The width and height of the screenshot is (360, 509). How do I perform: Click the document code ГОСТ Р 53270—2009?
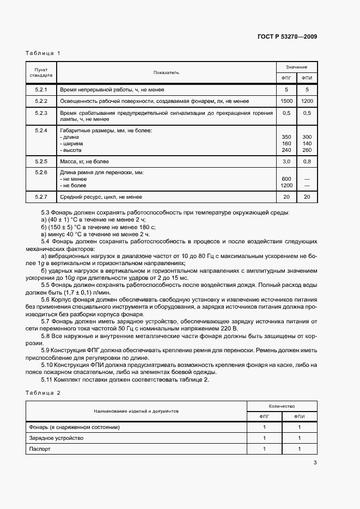[287, 37]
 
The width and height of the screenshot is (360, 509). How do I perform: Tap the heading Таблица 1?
[43, 53]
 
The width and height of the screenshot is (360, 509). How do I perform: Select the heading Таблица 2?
[43, 392]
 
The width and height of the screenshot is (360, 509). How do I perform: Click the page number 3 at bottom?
[315, 463]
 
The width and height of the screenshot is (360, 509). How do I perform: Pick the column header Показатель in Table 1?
[166, 72]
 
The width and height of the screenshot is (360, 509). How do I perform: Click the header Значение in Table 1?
[296, 66]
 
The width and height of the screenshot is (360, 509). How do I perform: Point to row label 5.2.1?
[41, 89]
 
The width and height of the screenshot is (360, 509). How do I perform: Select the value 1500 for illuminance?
[286, 101]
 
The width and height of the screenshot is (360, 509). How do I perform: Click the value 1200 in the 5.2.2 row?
[307, 101]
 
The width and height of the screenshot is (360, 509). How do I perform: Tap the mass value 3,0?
[286, 162]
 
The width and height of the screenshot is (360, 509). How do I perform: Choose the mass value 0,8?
[307, 162]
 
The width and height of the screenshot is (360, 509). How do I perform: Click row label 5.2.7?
[41, 197]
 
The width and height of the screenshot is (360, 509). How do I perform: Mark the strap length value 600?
[286, 179]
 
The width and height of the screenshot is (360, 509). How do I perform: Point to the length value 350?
[286, 137]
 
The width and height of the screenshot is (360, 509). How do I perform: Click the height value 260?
[307, 150]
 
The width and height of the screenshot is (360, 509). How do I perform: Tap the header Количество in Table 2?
[282, 406]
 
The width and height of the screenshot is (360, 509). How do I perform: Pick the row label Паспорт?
[40, 450]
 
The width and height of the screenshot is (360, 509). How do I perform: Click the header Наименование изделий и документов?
[136, 412]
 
